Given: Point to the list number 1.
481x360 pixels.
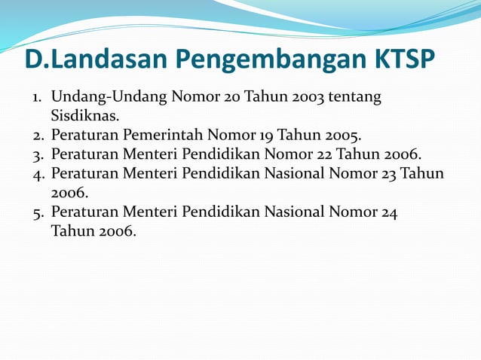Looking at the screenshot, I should pos(36,98).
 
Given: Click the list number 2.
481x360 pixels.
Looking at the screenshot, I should pos(37,137).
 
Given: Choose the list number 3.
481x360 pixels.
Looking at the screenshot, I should pos(37,156).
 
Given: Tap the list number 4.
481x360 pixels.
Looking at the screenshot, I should pos(37,175).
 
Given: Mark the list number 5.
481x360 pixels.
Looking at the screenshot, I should pos(37,212).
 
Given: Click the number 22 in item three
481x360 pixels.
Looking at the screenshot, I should pos(325,156).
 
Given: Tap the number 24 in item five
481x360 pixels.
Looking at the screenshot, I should pos(389,212).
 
